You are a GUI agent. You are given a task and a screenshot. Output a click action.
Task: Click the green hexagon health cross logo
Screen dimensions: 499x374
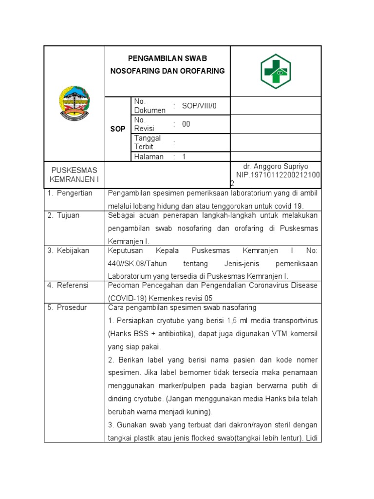click(x=275, y=71)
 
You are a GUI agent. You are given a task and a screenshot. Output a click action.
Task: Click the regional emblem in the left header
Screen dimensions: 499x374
click(x=74, y=103)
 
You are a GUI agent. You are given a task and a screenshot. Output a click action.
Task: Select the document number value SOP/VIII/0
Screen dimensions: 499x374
click(x=198, y=106)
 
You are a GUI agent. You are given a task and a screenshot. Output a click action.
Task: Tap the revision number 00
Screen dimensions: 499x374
click(x=186, y=124)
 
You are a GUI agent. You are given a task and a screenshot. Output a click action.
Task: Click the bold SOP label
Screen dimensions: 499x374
click(x=118, y=129)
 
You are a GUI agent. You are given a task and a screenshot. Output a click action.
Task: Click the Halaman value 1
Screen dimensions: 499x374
click(x=185, y=157)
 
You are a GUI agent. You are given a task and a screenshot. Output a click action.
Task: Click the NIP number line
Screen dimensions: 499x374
click(x=278, y=174)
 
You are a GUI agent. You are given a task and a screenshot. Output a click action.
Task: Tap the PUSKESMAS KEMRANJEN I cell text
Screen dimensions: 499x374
click(x=74, y=174)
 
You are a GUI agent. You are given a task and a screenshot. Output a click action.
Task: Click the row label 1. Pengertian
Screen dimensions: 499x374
click(x=70, y=193)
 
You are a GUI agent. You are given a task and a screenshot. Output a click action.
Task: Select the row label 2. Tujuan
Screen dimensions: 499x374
click(x=63, y=215)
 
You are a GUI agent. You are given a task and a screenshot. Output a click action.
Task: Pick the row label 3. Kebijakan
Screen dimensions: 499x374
click(x=69, y=250)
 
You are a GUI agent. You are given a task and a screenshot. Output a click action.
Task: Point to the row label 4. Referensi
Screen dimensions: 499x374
click(x=68, y=286)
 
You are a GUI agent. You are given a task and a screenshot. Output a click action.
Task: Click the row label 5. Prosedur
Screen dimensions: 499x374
click(x=67, y=308)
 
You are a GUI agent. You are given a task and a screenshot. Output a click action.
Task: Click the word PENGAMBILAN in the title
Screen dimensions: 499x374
click(x=153, y=58)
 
